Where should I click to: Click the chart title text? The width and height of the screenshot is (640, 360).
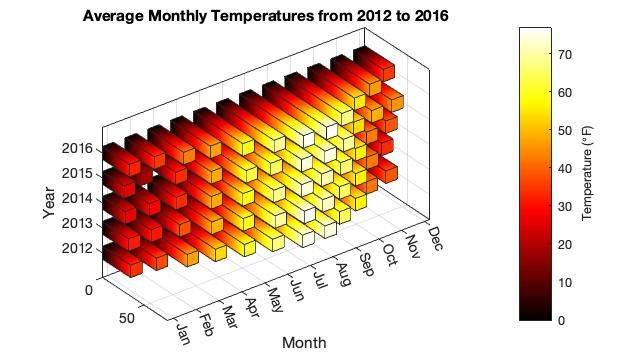tap(266, 16)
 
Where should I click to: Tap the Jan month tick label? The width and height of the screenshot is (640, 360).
tap(183, 333)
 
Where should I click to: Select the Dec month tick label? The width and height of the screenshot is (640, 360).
tap(435, 239)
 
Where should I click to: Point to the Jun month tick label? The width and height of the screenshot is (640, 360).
tap(297, 290)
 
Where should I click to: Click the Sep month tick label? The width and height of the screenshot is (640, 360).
tap(366, 264)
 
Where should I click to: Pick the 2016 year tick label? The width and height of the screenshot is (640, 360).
tap(78, 148)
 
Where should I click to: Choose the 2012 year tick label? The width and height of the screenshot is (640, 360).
tap(78, 248)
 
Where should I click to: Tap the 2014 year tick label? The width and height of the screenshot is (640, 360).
tap(78, 199)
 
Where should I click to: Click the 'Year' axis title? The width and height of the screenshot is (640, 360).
tap(49, 202)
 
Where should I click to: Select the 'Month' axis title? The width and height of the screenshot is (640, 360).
tap(304, 343)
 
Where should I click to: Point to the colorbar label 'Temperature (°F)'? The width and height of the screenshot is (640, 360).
tap(587, 174)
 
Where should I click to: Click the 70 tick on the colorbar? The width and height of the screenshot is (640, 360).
tap(565, 54)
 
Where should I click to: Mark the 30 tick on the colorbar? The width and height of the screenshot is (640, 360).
tap(565, 207)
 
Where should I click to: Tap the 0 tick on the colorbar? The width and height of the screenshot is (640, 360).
tap(562, 320)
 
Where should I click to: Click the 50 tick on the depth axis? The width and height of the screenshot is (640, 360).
tap(127, 318)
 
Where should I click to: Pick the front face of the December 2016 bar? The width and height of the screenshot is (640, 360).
tap(389, 73)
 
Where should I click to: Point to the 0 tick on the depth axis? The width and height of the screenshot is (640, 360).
tap(89, 290)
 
